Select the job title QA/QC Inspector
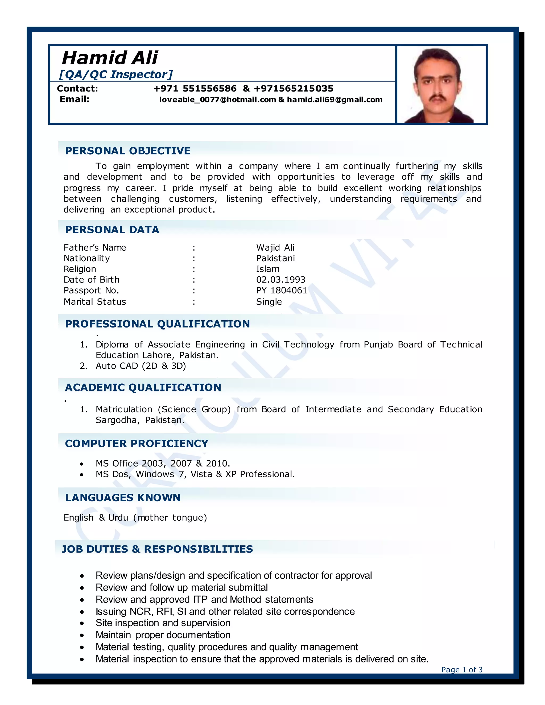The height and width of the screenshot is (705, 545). coord(115,74)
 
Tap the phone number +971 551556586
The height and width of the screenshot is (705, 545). coord(195,88)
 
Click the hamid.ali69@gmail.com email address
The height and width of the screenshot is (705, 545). coord(335,100)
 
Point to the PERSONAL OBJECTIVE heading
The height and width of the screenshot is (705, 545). coord(127,151)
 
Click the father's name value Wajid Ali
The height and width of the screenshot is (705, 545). coord(275,248)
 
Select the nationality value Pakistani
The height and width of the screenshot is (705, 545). coord(275,258)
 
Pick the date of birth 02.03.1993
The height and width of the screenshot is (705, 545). coord(280,280)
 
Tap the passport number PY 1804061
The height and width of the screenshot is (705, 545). coord(282,291)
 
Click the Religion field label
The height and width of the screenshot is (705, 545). coord(80,269)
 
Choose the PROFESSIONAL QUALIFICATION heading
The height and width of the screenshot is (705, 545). coord(157,324)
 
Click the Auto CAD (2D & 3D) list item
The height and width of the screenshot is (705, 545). coord(141,366)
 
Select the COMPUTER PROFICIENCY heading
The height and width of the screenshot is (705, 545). coord(137,443)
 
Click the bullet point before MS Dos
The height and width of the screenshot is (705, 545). coord(82,475)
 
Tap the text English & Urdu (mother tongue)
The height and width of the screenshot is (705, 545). coord(135,518)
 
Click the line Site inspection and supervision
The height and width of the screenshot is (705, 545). coord(163,623)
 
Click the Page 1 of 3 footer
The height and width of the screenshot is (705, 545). coord(461,670)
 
